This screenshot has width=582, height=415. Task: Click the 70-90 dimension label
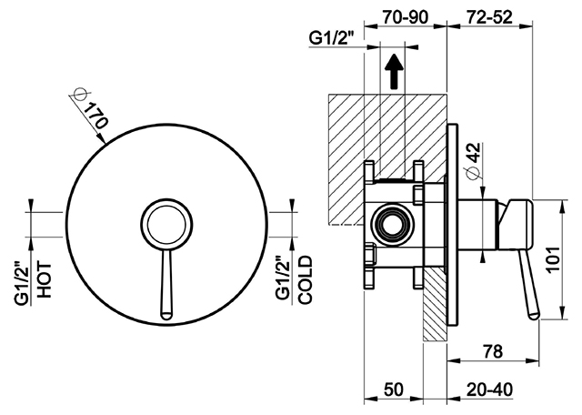click(x=405, y=17)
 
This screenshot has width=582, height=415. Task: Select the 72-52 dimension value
click(x=489, y=17)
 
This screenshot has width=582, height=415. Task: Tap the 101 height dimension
click(x=554, y=259)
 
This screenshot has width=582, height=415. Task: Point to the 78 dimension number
click(x=493, y=351)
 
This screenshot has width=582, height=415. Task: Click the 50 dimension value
click(x=394, y=390)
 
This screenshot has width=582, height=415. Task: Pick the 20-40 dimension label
click(x=489, y=390)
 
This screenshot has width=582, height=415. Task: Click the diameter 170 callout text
click(x=91, y=110)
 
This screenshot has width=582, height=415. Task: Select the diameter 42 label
click(x=475, y=160)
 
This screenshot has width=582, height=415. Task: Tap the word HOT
click(x=45, y=279)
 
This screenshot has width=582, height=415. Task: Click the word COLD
click(x=306, y=279)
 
